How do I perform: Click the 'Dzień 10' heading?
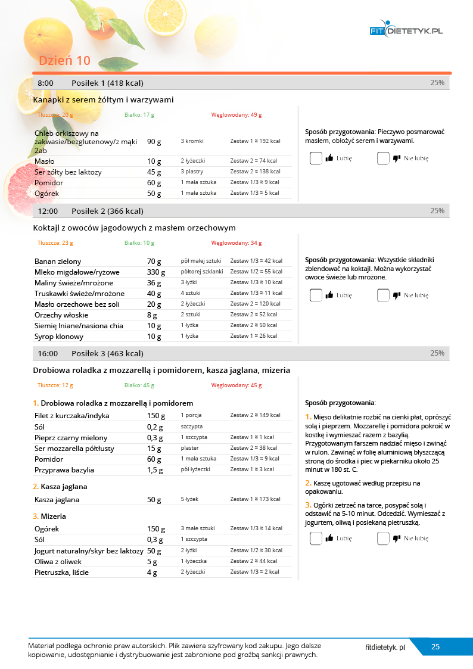pos(64,61)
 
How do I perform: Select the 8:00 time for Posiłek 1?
pos(46,83)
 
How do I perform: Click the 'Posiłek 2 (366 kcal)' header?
pos(107,211)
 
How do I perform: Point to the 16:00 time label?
pos(48,353)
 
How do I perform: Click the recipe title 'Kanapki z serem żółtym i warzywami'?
pos(104,99)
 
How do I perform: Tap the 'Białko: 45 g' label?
pos(139,385)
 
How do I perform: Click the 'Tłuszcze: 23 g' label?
pos(55,243)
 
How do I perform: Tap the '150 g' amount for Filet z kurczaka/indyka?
pos(156,416)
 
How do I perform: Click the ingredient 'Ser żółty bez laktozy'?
pos(68,172)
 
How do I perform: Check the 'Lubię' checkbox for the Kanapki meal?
pos(316,158)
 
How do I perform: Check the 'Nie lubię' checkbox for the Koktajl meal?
pos(382,295)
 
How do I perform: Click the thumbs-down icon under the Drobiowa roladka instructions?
pos(397,539)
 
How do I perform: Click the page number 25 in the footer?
pos(435,647)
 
